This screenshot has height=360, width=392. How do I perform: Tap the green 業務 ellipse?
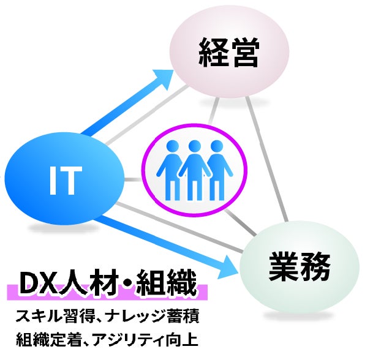[298, 267]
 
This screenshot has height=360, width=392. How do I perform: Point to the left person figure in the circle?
[174, 170]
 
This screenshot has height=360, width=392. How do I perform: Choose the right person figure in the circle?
[216, 170]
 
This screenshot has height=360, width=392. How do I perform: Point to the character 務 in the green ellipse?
[315, 267]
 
